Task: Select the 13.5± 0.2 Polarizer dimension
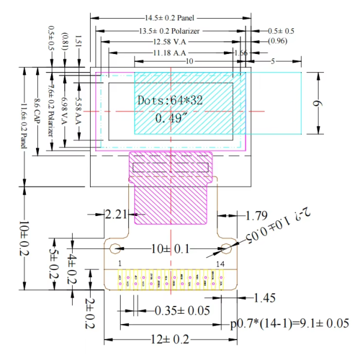(x=170, y=30)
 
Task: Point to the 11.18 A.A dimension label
(x=170, y=53)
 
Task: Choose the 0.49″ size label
(x=171, y=118)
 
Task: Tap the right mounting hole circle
(x=226, y=248)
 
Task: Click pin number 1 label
(x=120, y=264)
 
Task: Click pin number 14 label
(x=221, y=264)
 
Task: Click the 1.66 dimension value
(x=241, y=53)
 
